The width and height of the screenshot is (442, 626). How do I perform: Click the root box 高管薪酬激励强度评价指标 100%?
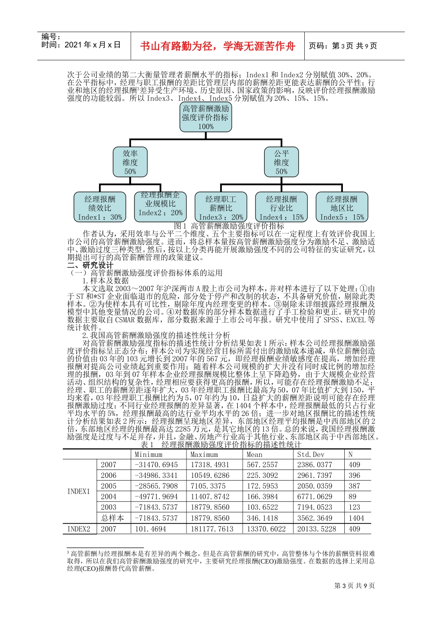(206, 117)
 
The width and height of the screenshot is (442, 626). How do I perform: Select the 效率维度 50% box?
(130, 162)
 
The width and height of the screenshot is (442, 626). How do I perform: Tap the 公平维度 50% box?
(281, 162)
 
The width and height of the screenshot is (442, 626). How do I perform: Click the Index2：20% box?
(161, 205)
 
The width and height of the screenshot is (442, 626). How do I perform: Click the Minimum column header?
(148, 454)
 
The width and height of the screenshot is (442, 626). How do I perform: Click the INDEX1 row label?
(79, 491)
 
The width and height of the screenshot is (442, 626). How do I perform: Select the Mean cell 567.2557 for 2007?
(262, 465)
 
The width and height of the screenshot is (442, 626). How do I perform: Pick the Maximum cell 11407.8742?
(210, 497)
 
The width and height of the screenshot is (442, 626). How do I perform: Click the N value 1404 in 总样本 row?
(356, 518)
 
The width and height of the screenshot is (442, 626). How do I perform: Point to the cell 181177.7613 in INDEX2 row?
(212, 529)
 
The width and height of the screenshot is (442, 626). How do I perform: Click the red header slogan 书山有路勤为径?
(218, 46)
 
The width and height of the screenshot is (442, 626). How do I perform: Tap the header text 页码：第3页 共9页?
(343, 46)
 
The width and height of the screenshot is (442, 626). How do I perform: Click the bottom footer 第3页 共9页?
(355, 586)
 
